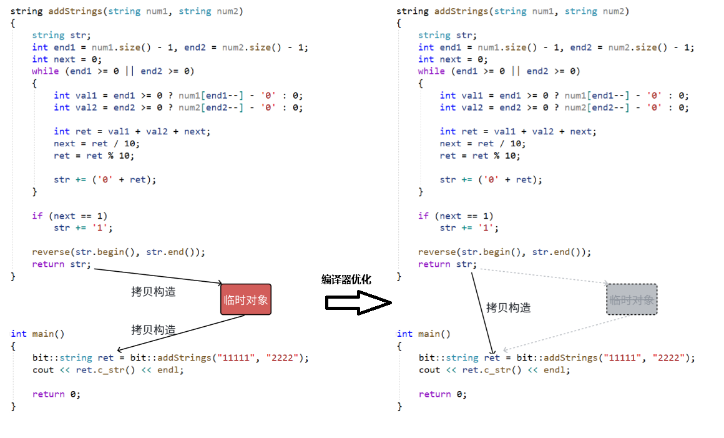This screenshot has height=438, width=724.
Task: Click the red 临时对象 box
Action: [246, 300]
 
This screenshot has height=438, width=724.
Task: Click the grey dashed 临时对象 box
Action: [632, 300]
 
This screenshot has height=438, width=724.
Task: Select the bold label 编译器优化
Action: [346, 280]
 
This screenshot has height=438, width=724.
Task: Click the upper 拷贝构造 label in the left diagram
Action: [153, 292]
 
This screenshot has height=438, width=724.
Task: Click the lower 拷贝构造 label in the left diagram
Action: [153, 330]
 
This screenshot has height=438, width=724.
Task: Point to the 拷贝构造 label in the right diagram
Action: [508, 307]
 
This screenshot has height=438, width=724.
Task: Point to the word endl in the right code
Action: [557, 370]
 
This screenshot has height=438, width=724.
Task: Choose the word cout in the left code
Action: [43, 370]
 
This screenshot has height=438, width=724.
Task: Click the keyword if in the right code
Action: [423, 216]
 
